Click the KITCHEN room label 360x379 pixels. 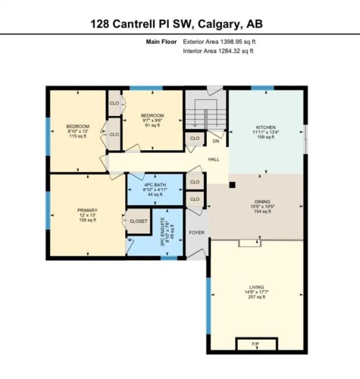[x=265, y=127]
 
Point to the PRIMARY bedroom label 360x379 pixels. [x=87, y=210]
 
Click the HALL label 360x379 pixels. [x=214, y=159]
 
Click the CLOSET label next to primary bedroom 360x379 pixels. [x=139, y=221]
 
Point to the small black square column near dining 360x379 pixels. [x=233, y=183]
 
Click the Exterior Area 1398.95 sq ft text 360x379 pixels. [x=219, y=42]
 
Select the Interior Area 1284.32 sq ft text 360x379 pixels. [x=218, y=52]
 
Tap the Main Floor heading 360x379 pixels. [x=161, y=42]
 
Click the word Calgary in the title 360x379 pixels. [x=229, y=24]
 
